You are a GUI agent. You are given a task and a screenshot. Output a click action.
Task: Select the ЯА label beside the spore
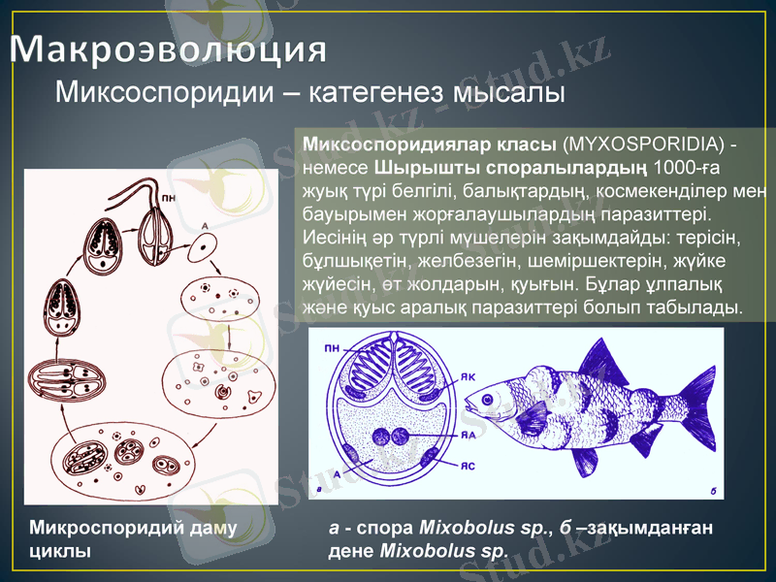point(469,435)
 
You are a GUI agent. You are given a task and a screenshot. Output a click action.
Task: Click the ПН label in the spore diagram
point(332,345)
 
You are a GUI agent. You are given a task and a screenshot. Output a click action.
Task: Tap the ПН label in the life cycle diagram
point(170,198)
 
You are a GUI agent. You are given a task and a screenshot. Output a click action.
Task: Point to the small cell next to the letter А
point(203,247)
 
